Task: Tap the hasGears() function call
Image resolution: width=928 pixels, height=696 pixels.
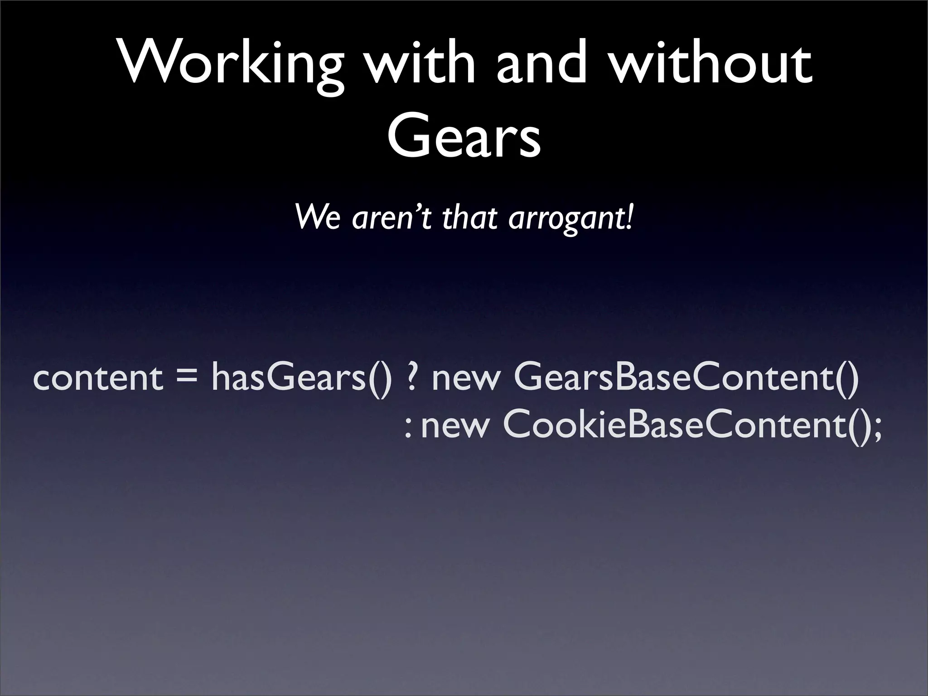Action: pyautogui.click(x=302, y=379)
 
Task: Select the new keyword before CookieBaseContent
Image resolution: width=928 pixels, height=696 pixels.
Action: pyautogui.click(x=455, y=428)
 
